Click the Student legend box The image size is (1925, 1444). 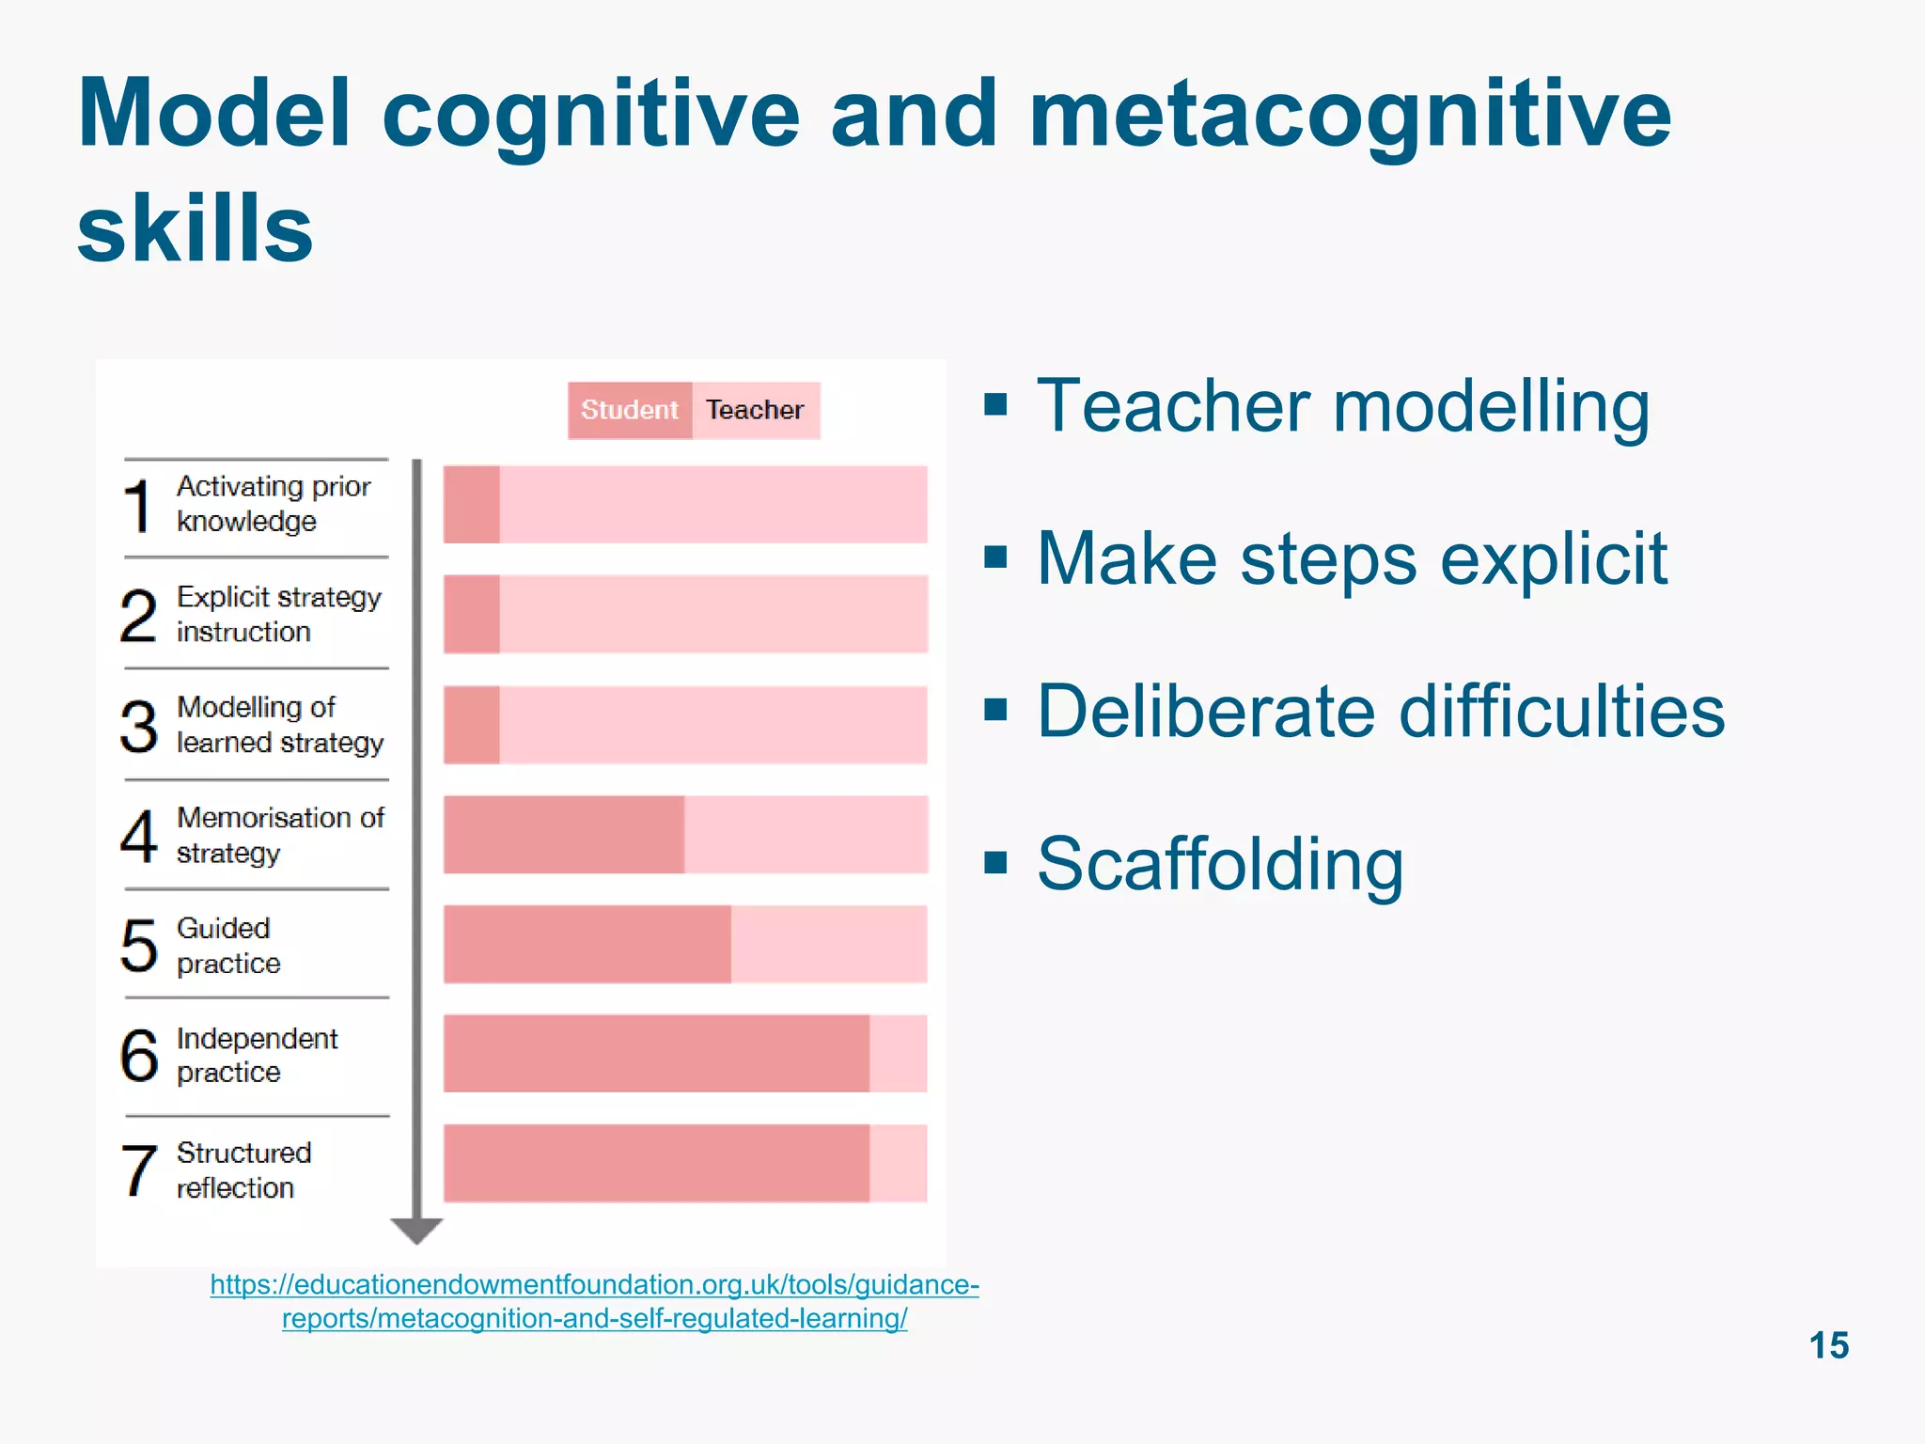pos(629,410)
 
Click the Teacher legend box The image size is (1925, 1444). pos(756,410)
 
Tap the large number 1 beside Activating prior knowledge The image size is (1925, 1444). pos(138,506)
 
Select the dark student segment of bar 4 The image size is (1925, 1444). pos(563,835)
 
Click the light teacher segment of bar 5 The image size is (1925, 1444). pos(828,944)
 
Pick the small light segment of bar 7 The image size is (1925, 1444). pos(898,1163)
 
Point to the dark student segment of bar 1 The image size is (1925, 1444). pos(471,504)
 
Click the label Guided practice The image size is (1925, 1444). pos(228,946)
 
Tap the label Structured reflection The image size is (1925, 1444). pos(243,1169)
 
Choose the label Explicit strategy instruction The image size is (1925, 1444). pos(278,614)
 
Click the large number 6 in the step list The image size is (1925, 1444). pos(139,1055)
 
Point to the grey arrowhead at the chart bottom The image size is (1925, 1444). pos(416,1230)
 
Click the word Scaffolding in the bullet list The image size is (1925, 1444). pos(1219,864)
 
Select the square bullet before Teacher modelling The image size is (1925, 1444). pos(995,405)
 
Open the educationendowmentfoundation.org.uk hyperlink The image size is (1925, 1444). pos(594,1301)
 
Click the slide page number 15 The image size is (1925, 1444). pos(1828,1345)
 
